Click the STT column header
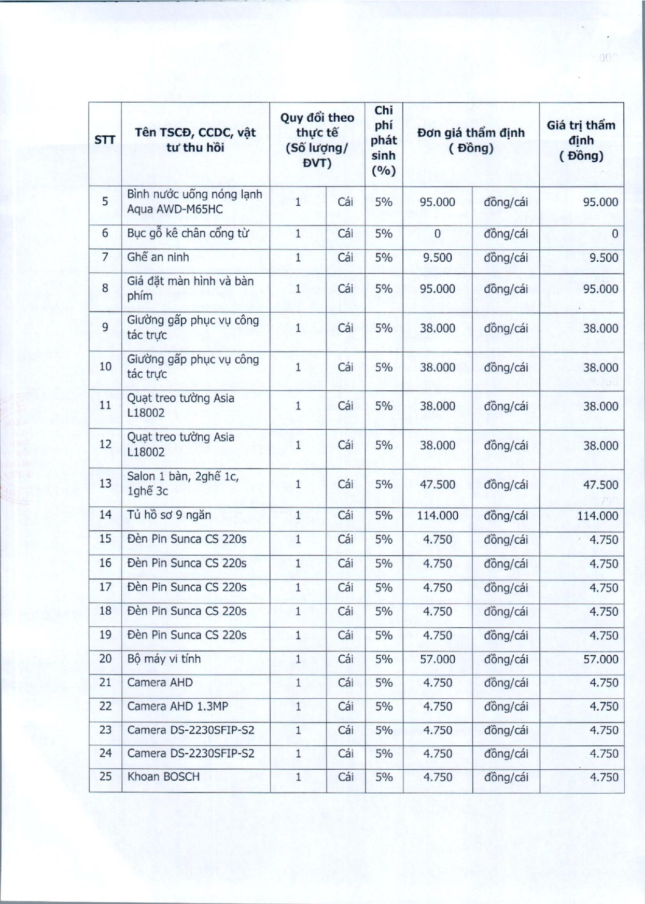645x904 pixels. coord(105,140)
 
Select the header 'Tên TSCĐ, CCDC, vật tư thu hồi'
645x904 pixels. coord(195,140)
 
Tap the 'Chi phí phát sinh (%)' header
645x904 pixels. coord(384,140)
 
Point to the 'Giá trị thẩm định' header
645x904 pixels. coord(581,140)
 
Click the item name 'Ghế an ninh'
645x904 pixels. coord(158,257)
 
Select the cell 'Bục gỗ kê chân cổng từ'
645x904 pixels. coord(188,233)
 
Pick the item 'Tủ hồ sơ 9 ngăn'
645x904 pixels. coord(169,515)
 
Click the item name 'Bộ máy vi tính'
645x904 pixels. coord(164,659)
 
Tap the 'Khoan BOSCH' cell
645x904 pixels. coord(163,776)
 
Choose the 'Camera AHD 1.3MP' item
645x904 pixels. coord(177,706)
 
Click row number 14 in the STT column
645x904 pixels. coord(105,515)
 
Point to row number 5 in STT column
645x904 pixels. coord(105,202)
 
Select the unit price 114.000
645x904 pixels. coord(438,515)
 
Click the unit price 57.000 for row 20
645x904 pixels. coord(438,659)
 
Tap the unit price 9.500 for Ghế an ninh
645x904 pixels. coord(438,258)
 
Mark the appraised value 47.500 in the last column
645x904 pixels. coord(600,485)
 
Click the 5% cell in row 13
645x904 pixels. coord(384,484)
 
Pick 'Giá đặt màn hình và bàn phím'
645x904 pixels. coord(190,288)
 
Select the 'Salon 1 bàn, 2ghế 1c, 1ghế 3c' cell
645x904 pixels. coord(183,483)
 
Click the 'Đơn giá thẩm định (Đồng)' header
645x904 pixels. coord(471,140)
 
